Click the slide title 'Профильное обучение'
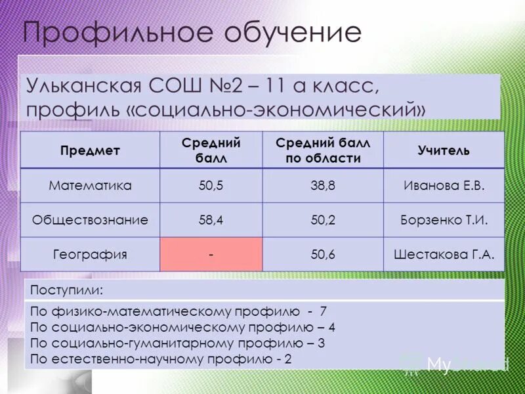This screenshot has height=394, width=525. (x=192, y=31)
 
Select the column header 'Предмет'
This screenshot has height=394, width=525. (x=90, y=150)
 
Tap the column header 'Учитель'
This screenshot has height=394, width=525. (x=444, y=150)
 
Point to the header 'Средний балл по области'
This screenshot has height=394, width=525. (x=323, y=150)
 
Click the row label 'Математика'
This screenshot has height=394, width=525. (x=90, y=186)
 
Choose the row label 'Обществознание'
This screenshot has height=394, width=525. (x=90, y=220)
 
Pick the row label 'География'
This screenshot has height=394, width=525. (x=90, y=254)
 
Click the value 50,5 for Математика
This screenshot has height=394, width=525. (x=211, y=186)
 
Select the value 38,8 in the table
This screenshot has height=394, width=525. (x=323, y=186)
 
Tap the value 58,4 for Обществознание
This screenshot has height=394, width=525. (x=211, y=220)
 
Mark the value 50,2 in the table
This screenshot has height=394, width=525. (x=323, y=220)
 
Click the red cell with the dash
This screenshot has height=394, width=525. (x=211, y=254)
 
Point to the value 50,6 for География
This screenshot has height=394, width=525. (x=323, y=254)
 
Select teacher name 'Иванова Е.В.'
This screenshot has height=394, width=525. (x=444, y=186)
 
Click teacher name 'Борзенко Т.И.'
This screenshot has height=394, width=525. (x=444, y=220)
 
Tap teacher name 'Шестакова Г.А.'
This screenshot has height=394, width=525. (x=444, y=254)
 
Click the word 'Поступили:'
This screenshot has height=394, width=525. (x=67, y=290)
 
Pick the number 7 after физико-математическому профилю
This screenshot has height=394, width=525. (x=323, y=311)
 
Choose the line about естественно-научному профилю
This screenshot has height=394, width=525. (x=161, y=359)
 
